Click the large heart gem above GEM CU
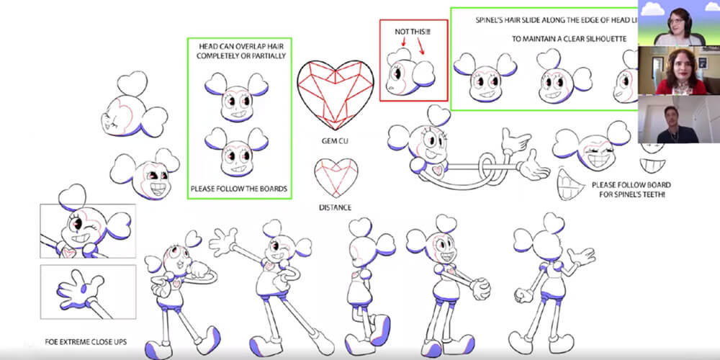(x=336, y=94)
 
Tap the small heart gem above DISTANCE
(x=336, y=178)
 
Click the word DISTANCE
(x=336, y=207)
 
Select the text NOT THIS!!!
(x=413, y=32)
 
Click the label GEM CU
(x=335, y=141)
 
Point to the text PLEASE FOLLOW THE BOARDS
(x=239, y=188)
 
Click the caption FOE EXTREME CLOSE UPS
(x=86, y=342)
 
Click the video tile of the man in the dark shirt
(x=679, y=119)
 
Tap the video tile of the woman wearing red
(x=679, y=71)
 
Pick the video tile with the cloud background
(x=679, y=23)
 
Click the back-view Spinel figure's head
(x=546, y=243)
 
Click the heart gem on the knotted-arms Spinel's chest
(x=438, y=171)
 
